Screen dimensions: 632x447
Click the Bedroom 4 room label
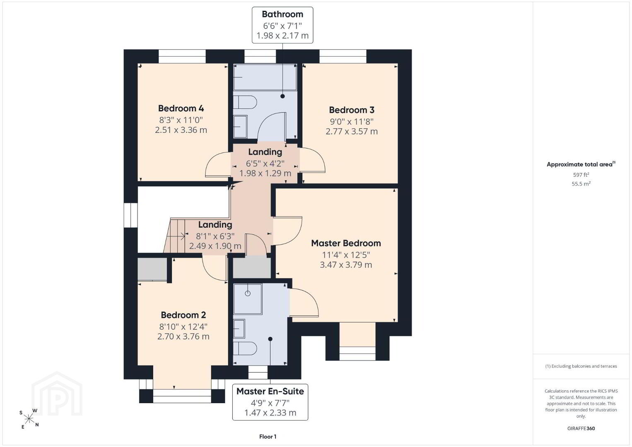(x=181, y=108)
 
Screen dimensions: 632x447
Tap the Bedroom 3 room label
(x=352, y=110)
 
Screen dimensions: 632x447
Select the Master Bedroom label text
(x=346, y=243)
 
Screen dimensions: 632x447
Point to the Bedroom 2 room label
(x=183, y=315)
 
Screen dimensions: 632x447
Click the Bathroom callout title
(x=282, y=14)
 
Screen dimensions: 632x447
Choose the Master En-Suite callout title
(x=270, y=391)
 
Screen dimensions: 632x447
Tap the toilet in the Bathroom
(x=245, y=102)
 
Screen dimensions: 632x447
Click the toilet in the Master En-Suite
(x=245, y=348)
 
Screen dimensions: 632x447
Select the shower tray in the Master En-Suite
(x=248, y=299)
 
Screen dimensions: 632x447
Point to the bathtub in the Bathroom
(x=265, y=77)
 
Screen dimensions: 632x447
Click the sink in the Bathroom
(x=240, y=127)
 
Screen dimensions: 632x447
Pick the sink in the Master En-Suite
(x=239, y=329)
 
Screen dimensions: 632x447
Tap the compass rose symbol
(x=29, y=419)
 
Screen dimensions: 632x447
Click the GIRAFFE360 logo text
(x=581, y=428)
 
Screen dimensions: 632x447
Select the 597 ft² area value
(x=581, y=175)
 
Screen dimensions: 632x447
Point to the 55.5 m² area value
(x=581, y=184)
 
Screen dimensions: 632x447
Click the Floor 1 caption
(x=268, y=437)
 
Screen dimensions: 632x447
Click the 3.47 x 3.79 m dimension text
(x=346, y=264)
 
